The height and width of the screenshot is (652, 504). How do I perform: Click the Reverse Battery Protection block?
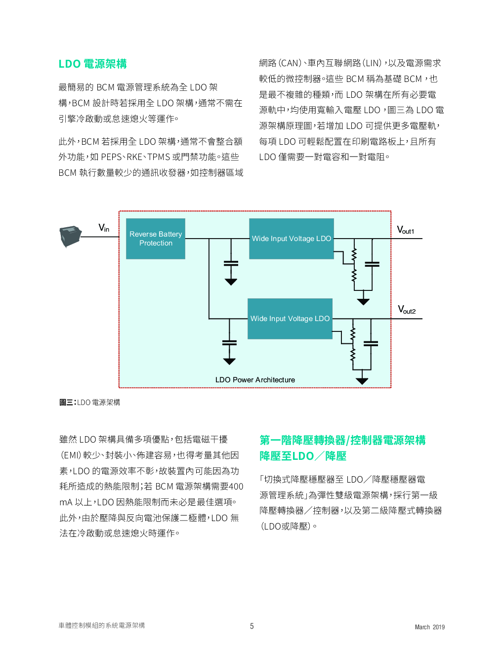[x=156, y=239]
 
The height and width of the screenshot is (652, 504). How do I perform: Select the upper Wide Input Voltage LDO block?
[x=292, y=239]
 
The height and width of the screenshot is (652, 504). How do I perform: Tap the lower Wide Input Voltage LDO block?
[x=290, y=319]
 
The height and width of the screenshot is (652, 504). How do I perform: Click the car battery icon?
[x=71, y=237]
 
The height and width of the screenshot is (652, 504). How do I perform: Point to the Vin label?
[x=104, y=228]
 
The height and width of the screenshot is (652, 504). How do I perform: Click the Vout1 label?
[x=406, y=230]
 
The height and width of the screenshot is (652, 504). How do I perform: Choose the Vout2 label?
[x=407, y=310]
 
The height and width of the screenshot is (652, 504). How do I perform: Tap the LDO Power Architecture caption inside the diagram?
[x=255, y=380]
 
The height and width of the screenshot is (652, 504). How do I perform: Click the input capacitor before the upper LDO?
[x=231, y=263]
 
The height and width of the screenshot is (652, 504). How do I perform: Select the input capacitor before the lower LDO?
[x=229, y=343]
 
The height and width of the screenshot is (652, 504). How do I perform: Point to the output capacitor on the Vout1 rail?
[x=372, y=264]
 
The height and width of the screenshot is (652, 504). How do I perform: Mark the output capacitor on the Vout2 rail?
[x=371, y=344]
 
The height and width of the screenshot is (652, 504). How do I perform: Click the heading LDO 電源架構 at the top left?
[x=92, y=64]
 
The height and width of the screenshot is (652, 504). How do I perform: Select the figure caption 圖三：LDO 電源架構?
[x=90, y=403]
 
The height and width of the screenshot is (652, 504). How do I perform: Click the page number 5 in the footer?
[x=252, y=626]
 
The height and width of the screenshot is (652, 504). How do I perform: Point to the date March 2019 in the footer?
[x=429, y=627]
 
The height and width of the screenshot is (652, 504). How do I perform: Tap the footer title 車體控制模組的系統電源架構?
[x=102, y=626]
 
